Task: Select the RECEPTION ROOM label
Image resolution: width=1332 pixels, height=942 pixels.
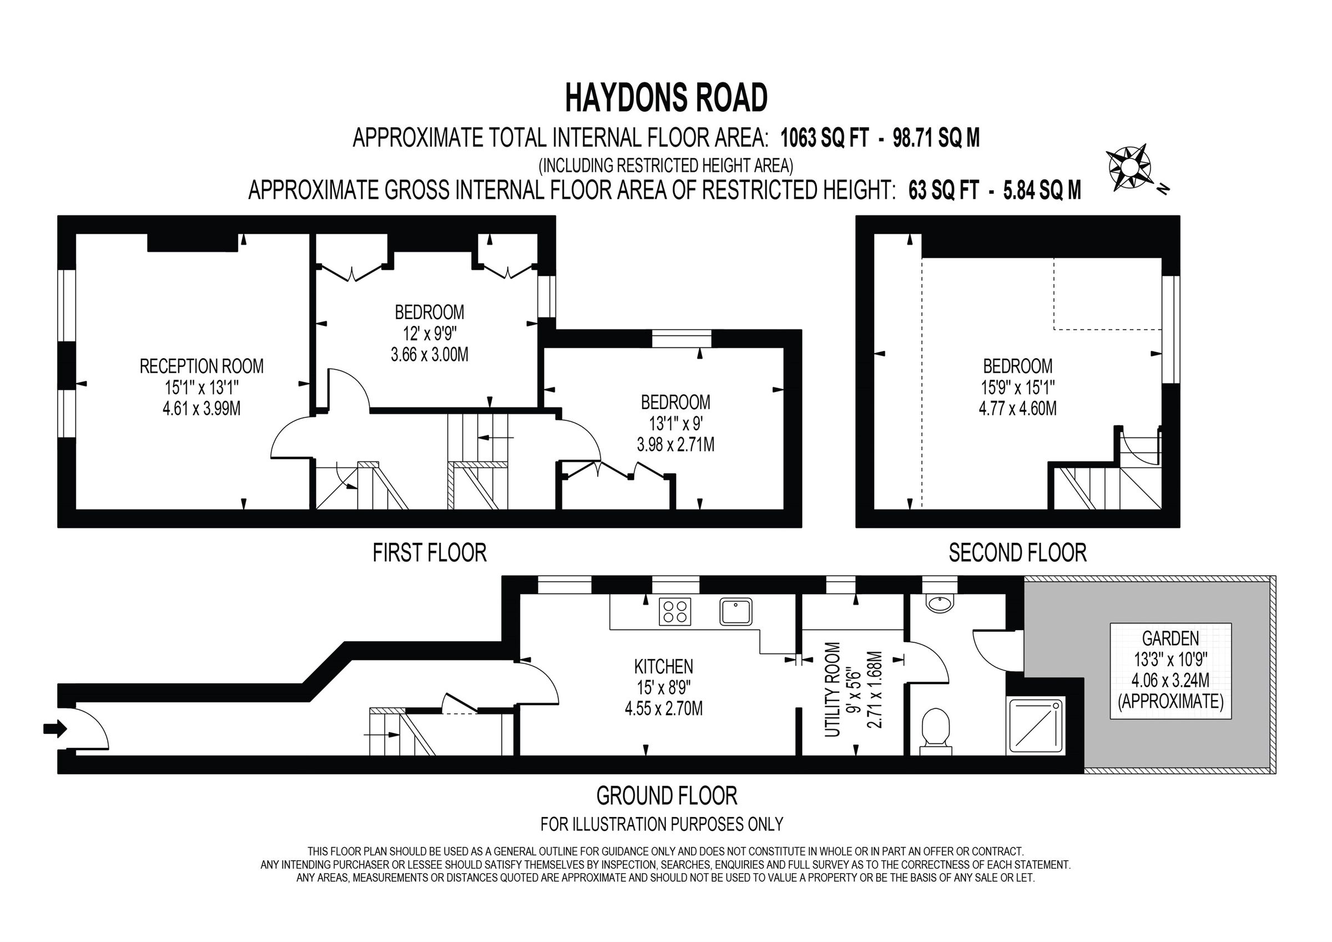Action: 201,366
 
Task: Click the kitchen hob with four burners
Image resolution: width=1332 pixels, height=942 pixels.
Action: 675,612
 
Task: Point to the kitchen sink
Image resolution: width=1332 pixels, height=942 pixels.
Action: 735,611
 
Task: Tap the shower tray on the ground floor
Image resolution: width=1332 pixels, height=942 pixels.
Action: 1037,726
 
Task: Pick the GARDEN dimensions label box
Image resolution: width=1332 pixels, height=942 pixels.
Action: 1170,671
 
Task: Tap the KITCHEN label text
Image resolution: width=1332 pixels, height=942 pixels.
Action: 663,666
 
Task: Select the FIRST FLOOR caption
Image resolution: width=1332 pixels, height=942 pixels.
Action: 430,552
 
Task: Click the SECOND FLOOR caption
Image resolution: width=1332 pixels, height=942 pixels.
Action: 1017,552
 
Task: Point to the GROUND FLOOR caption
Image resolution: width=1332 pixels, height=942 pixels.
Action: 667,796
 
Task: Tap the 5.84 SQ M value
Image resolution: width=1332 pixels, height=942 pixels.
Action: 1042,190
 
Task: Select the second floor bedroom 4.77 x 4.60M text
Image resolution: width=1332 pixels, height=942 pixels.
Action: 1017,409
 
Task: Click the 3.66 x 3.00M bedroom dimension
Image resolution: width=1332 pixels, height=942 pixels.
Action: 430,355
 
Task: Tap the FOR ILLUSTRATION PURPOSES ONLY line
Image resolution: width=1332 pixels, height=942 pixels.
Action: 662,824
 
